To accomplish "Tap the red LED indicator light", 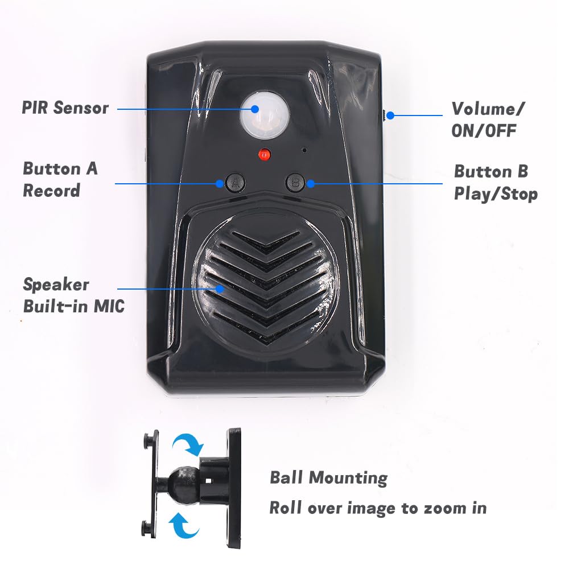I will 263,154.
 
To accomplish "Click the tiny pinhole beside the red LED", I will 305,151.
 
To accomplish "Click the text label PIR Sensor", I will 65,108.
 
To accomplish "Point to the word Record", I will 51,191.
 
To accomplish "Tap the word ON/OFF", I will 484,130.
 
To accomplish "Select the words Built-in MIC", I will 73,306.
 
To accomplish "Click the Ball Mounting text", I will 328,477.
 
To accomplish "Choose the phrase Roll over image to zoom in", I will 378,508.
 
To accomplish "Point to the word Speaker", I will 56,284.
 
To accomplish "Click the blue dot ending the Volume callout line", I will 391,116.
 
